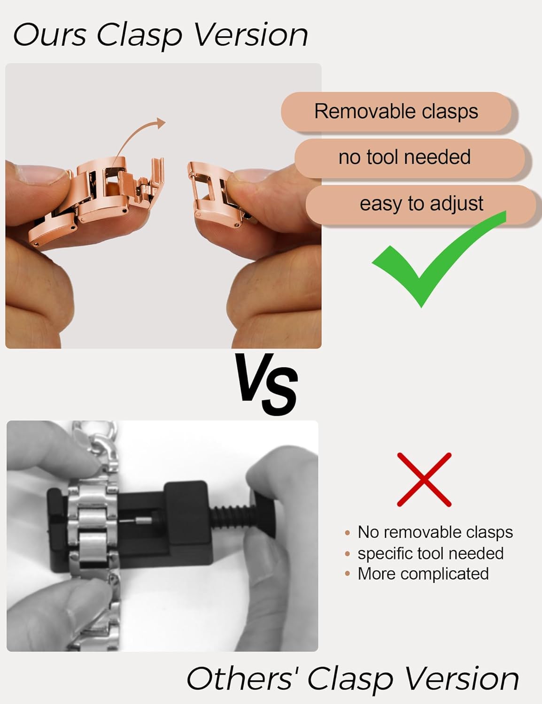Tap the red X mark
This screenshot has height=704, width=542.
coord(424,479)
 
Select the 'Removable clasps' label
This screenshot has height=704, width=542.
coord(396,112)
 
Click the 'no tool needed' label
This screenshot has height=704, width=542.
coord(404,157)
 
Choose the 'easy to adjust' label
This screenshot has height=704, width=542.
coord(421,204)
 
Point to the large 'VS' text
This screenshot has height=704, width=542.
coord(266,384)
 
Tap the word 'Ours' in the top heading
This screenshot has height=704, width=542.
coord(49,35)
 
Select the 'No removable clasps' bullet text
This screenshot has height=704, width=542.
coord(435,532)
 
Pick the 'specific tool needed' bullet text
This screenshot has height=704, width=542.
coord(430,553)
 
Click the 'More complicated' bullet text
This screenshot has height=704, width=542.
coord(423,574)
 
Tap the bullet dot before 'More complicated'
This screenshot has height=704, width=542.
coord(347,574)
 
